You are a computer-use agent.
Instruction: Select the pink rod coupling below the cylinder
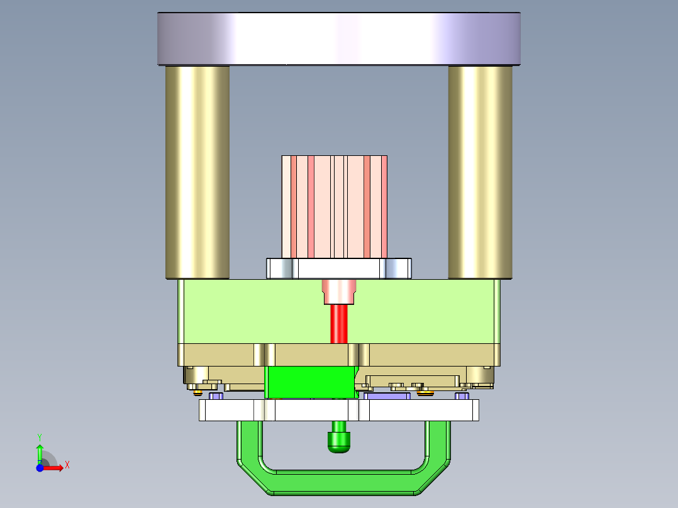pos(339,292)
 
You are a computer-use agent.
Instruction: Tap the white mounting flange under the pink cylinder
pos(339,268)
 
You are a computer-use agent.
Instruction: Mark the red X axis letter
pos(67,465)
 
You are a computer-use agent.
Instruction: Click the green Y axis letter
pos(39,436)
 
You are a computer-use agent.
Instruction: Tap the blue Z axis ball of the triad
pos(40,468)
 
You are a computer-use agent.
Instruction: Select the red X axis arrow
pos(54,468)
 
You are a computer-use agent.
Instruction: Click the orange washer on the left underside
pos(197,393)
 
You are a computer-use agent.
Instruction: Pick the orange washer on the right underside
pos(426,394)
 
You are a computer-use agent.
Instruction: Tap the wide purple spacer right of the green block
pos(387,396)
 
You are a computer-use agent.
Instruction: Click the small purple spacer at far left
pos(216,396)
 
